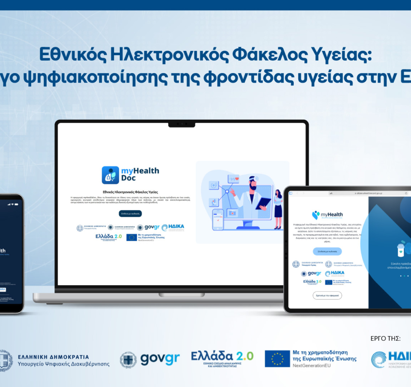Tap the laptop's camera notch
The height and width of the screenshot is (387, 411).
tap(182, 124)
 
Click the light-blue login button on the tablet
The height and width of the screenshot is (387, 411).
tap(328, 251)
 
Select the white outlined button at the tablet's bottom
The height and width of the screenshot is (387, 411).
tap(328, 295)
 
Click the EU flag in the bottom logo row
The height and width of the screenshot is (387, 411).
tap(277, 359)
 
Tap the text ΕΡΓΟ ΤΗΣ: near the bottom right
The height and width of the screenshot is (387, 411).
tap(385, 339)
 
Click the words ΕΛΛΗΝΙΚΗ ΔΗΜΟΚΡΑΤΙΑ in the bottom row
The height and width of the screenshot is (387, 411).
tap(54, 357)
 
